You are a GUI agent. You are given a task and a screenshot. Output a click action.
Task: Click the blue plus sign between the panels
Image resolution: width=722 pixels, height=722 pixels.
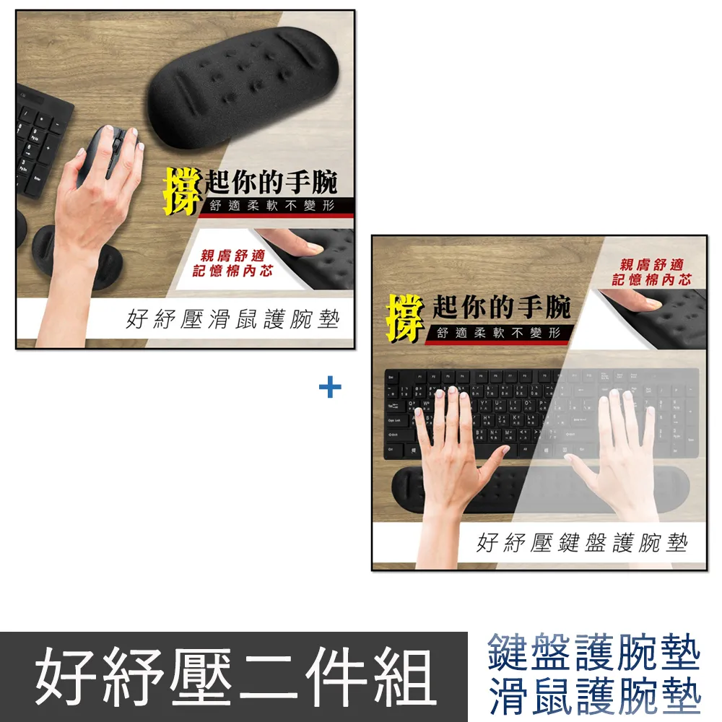tap(330, 388)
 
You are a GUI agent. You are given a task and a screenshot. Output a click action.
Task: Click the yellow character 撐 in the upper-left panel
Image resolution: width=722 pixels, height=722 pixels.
tap(180, 191)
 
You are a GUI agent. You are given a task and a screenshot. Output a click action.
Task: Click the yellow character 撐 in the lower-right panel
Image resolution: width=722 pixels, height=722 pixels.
tap(404, 317)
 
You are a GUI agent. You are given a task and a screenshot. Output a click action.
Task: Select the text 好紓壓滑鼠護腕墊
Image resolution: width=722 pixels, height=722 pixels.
tap(232, 319)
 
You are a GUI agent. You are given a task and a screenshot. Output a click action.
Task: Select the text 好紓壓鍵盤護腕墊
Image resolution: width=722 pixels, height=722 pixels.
tap(582, 542)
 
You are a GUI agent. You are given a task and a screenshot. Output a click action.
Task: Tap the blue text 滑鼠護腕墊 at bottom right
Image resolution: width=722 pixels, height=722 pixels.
tap(594, 697)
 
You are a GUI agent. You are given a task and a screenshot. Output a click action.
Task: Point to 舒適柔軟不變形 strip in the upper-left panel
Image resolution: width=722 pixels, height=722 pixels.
tap(271, 206)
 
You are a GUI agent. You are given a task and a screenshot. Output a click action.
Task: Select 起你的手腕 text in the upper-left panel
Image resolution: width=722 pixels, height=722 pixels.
tap(271, 181)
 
